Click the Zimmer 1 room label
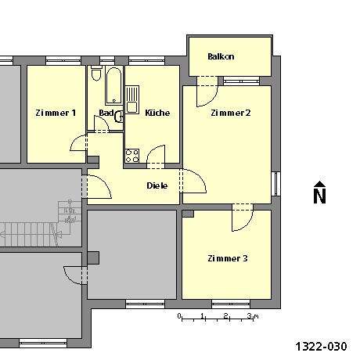point(56,113)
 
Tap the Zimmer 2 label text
point(230,113)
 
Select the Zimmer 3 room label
point(227,258)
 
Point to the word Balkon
point(221,57)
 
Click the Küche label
point(157,113)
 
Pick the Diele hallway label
point(157,185)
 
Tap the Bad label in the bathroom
point(105,113)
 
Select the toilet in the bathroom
point(96,74)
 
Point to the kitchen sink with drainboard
point(131,98)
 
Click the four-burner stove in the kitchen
point(131,154)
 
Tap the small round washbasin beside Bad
point(119,117)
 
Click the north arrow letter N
point(319,196)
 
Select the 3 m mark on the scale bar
point(248,316)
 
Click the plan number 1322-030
point(321,345)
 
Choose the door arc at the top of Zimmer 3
point(241,219)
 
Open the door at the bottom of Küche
point(157,157)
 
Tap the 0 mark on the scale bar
point(180,316)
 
